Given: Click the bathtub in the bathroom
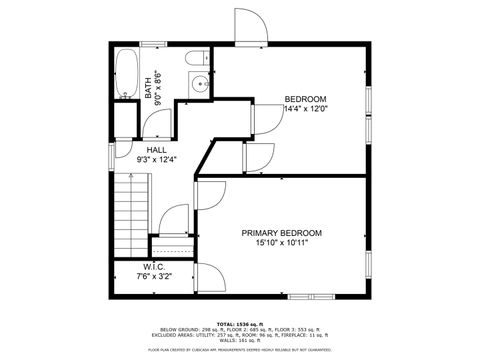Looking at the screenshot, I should pos(126,75).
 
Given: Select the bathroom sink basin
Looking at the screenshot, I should pos(199,85).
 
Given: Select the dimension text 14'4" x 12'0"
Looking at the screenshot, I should pos(306,109).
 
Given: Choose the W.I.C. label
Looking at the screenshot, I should pos(153,267).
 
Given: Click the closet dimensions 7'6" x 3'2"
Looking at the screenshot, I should pos(153,277).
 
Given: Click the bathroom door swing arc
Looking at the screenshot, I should pos(157,123).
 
